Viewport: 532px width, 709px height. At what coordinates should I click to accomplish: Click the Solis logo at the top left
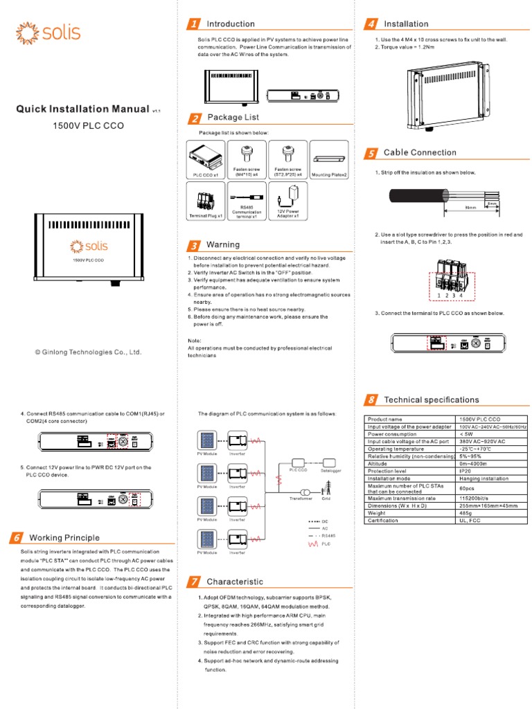48,33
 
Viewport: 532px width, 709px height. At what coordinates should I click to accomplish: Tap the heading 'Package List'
233,118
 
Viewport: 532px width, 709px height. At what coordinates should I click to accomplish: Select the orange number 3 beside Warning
195,245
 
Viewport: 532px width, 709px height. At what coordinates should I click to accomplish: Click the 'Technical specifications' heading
431,400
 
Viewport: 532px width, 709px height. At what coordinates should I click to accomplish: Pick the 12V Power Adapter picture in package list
288,203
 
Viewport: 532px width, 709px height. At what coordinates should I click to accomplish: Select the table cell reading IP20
492,472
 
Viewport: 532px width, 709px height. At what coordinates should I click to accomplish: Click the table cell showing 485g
492,513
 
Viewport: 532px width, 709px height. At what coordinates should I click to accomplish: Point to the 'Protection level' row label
411,472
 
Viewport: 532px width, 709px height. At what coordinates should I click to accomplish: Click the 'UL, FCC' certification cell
492,520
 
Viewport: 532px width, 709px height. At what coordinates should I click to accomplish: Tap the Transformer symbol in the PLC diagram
304,492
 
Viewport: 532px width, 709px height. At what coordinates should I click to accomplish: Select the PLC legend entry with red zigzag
317,544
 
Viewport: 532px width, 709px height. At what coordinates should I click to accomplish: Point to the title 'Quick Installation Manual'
82,109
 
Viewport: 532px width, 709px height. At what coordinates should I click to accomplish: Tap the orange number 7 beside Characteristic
195,582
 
